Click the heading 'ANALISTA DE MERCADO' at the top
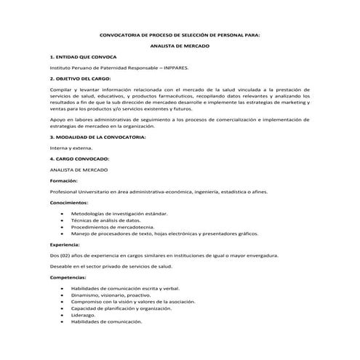coord(179,45)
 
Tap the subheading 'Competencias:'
coord(68,277)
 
